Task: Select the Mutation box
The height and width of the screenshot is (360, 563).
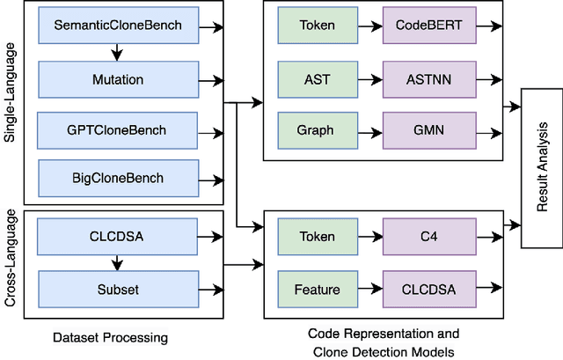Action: [117, 78]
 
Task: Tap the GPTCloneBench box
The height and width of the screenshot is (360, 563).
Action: [117, 130]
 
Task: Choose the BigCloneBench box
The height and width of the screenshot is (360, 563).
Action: [117, 179]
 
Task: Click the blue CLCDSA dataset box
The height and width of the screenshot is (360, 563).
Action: [117, 236]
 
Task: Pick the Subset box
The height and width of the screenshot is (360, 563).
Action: [117, 288]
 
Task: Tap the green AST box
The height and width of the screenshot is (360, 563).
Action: [316, 78]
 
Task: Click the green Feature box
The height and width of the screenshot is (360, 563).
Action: [316, 288]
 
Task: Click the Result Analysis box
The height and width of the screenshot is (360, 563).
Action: [541, 168]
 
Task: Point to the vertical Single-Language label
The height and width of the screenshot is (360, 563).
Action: [11, 104]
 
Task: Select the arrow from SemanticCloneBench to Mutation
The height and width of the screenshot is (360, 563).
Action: [117, 53]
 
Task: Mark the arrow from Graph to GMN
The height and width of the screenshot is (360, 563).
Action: [369, 130]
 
